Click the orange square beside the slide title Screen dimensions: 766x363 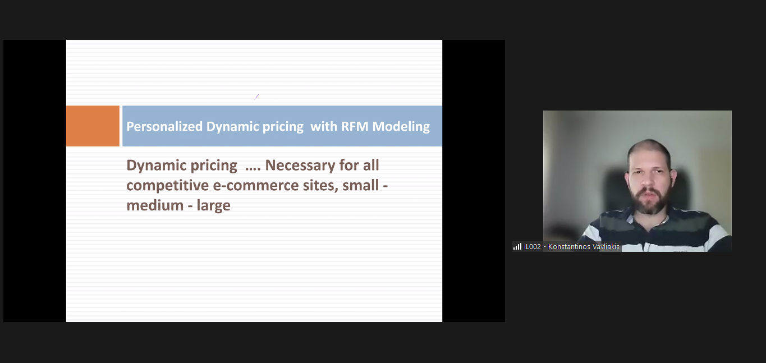point(93,126)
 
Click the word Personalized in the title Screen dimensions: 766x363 point(164,127)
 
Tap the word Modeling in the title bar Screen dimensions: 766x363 point(401,127)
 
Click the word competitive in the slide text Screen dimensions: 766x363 point(168,186)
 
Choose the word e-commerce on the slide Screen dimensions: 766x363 point(256,186)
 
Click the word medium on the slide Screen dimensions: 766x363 point(155,205)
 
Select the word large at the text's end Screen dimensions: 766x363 point(213,206)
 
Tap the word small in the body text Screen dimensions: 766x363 point(360,185)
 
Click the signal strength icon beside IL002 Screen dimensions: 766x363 point(517,246)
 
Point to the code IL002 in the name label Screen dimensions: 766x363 point(533,246)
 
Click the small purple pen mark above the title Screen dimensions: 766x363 point(256,97)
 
